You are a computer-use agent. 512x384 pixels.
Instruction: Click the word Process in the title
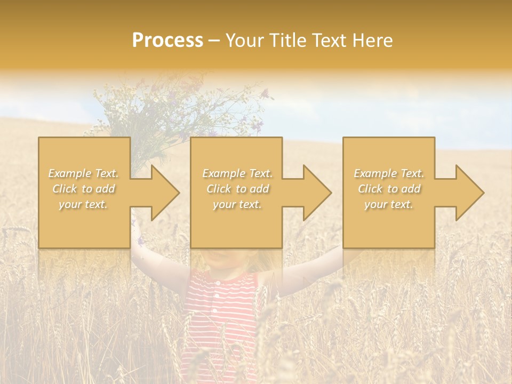pos(167,41)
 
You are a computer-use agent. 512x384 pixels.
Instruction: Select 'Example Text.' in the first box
pos(84,173)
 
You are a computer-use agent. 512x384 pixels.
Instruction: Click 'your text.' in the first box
pos(83,204)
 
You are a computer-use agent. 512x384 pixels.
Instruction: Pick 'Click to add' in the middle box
pos(237,189)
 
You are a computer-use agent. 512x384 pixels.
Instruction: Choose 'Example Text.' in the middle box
pos(237,173)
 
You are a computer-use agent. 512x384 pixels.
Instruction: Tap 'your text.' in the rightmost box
pos(389,204)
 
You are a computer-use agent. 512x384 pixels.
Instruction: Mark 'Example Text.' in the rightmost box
pos(389,173)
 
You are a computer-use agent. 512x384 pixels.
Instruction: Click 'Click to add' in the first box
pos(84,189)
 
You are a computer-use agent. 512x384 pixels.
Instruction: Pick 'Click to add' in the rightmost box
pos(389,189)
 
